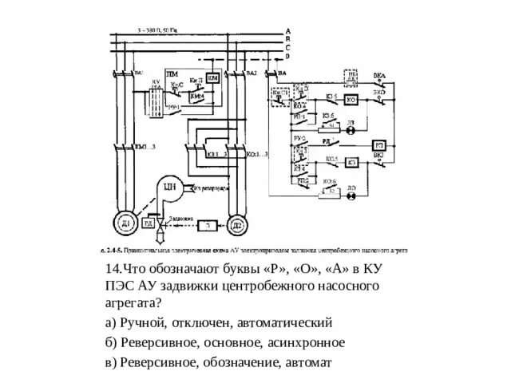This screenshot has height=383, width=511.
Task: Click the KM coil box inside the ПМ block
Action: tap(212, 80)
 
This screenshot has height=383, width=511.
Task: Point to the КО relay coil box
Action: tap(352, 162)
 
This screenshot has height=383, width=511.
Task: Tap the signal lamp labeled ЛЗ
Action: tap(352, 124)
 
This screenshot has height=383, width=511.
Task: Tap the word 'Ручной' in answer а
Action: tap(145, 323)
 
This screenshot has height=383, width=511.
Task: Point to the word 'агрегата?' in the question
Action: tap(130, 303)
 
